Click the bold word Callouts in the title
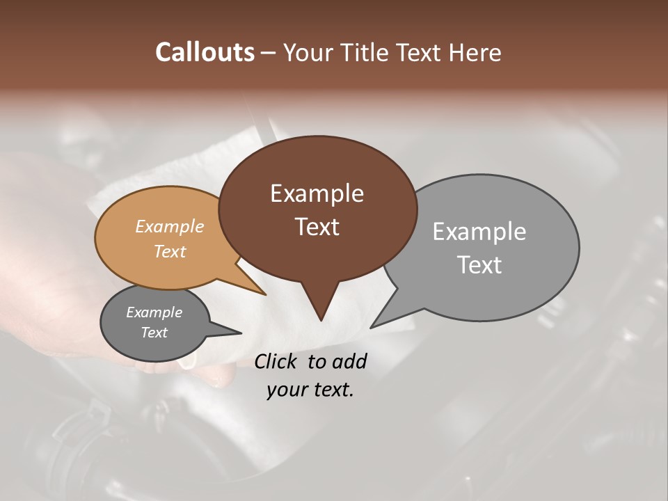coord(205,52)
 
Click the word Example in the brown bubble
coord(317,193)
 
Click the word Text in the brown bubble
coord(317,227)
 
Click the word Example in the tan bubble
coord(169,227)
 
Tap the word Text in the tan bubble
coord(169,251)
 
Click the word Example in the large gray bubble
coord(479,232)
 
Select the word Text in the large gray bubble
coord(479,265)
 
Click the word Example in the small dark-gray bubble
coord(154,312)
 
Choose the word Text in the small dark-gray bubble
coord(154,333)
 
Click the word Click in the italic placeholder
coord(278,361)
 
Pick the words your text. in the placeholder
coord(310,390)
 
